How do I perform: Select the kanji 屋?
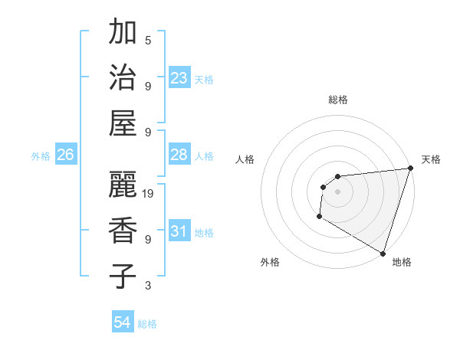pos(123,123)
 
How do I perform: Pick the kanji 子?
pos(123,276)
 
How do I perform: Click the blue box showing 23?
pos(179,78)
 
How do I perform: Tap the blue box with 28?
pos(179,155)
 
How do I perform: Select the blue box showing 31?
pos(179,231)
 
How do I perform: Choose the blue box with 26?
pos(65,155)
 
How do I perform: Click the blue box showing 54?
pos(122,322)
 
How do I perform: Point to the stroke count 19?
pos(149,194)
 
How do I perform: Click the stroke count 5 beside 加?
pos(148,41)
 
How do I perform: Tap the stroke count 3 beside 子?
pos(148,285)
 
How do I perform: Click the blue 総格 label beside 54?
pos(147,324)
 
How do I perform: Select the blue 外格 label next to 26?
pos(41,156)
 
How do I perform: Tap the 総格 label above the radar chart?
pos(337,100)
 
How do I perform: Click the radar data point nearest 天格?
pos(410,169)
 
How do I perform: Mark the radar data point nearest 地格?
pos(383,254)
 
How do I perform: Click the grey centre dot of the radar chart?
pos(337,191)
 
